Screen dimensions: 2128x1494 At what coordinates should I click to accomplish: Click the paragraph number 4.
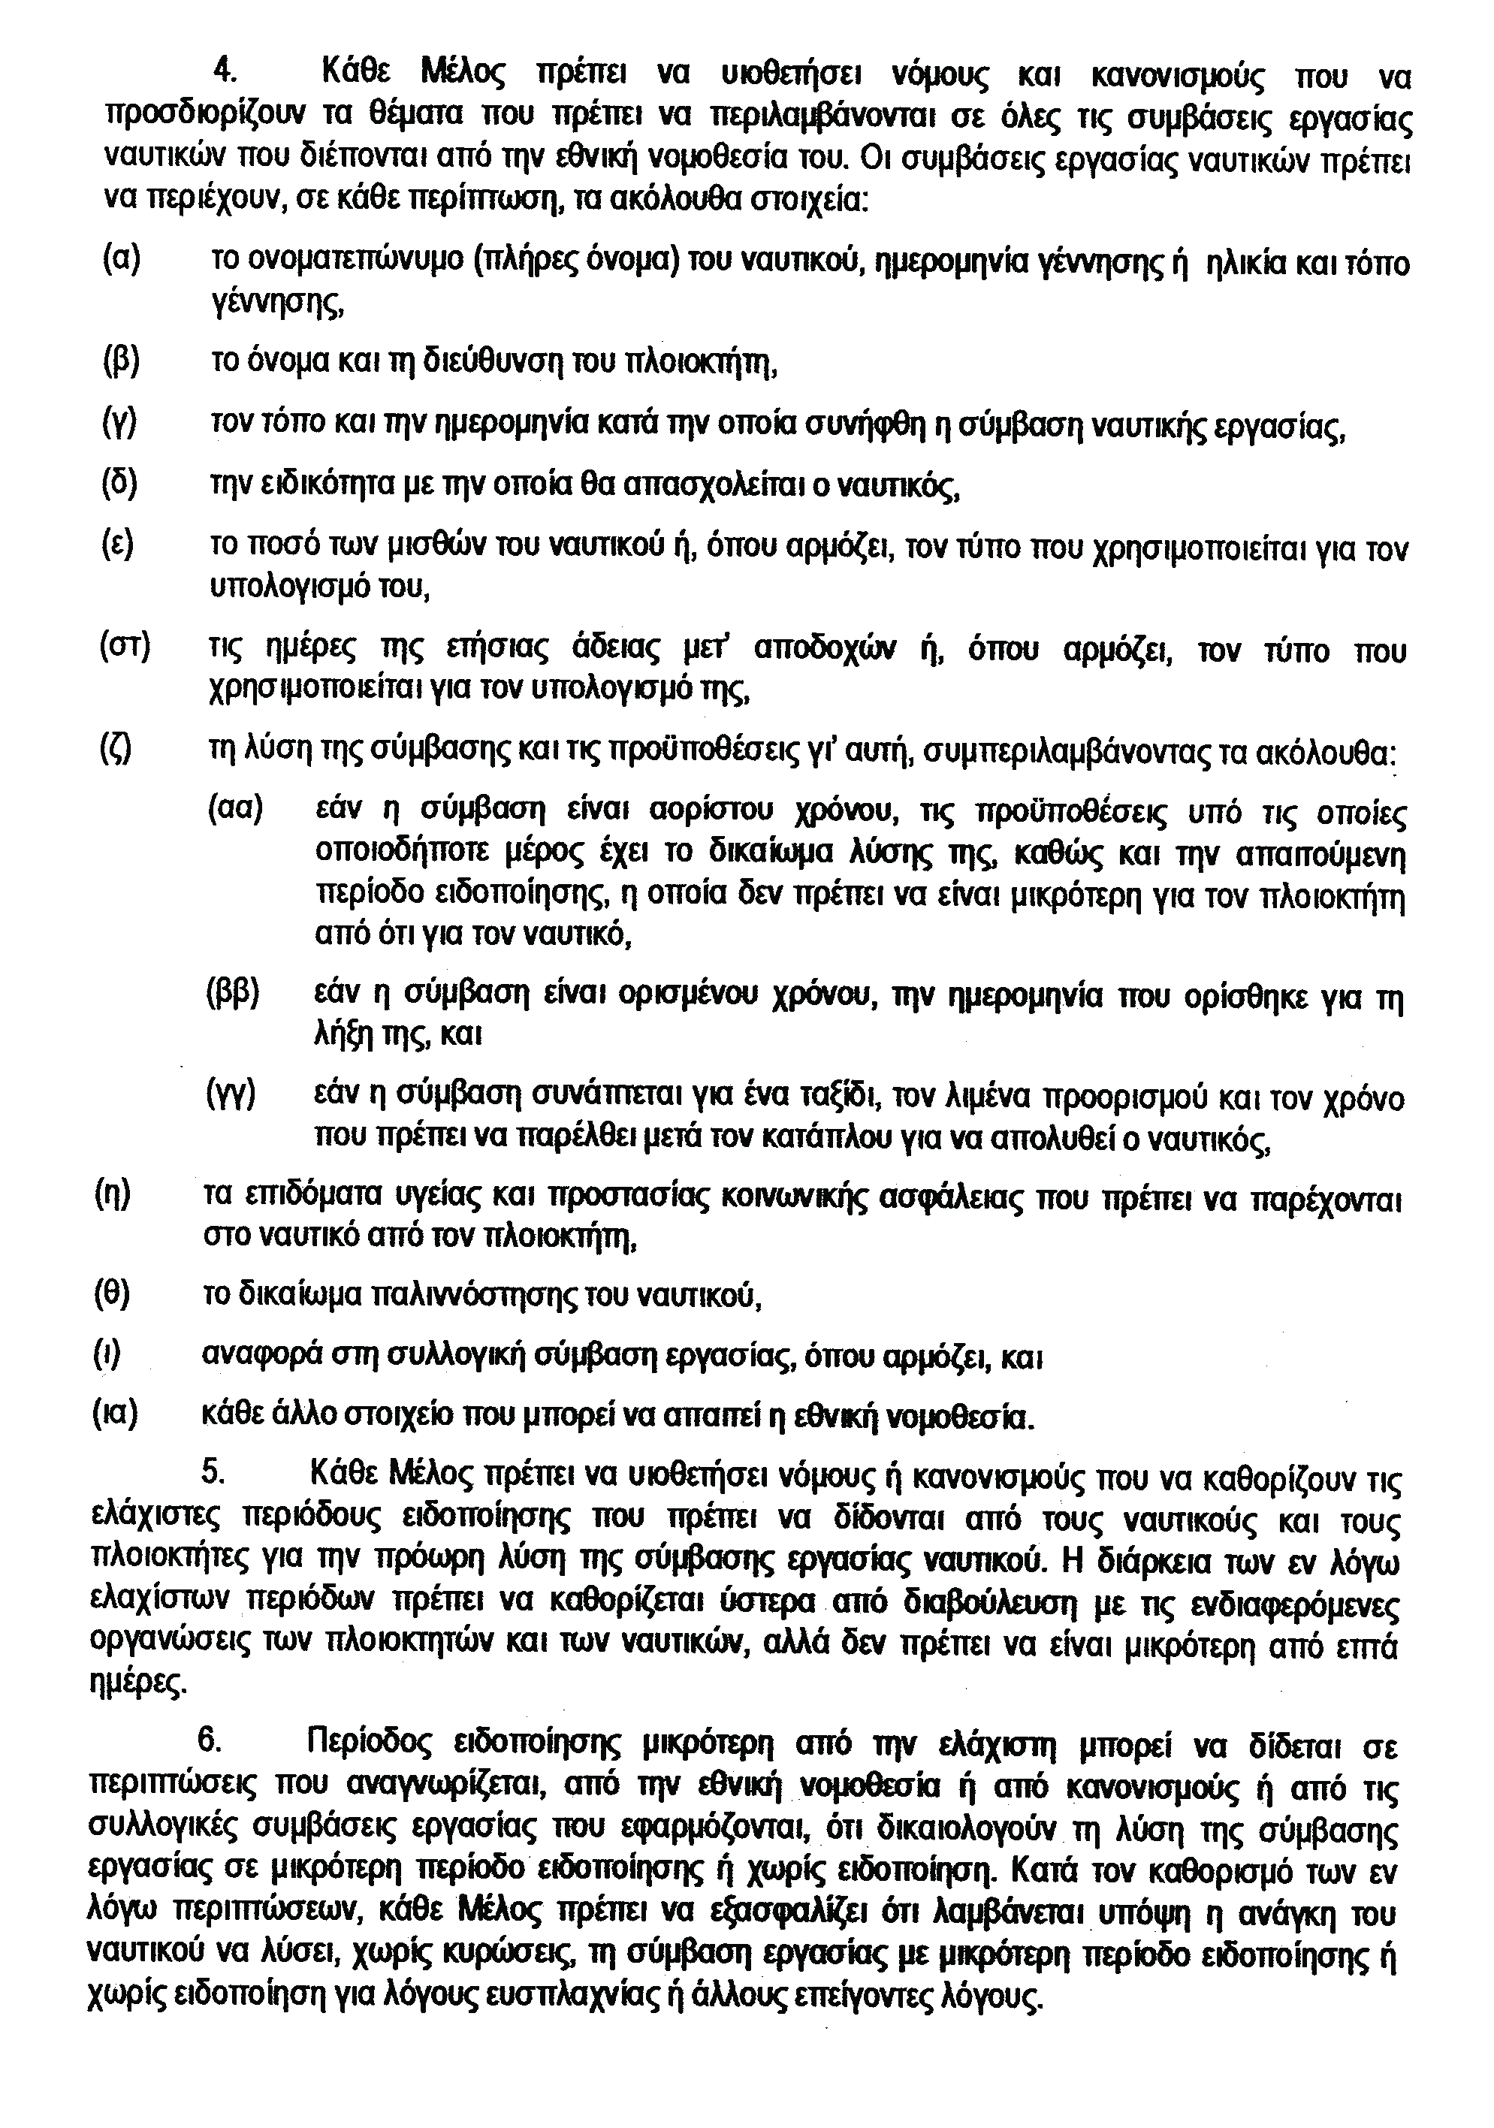pos(222,71)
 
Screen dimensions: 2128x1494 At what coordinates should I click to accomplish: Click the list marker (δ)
pos(119,484)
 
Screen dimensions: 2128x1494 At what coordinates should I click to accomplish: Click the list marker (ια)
pos(115,1414)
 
